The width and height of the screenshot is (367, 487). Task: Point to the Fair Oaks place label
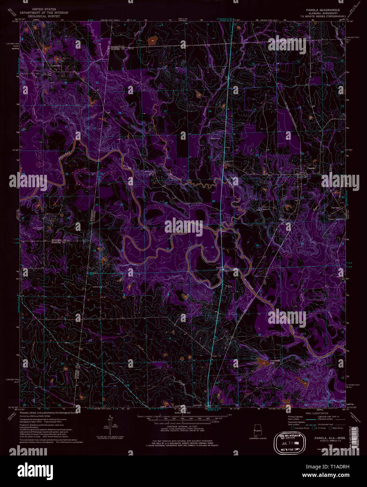(x=336, y=208)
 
